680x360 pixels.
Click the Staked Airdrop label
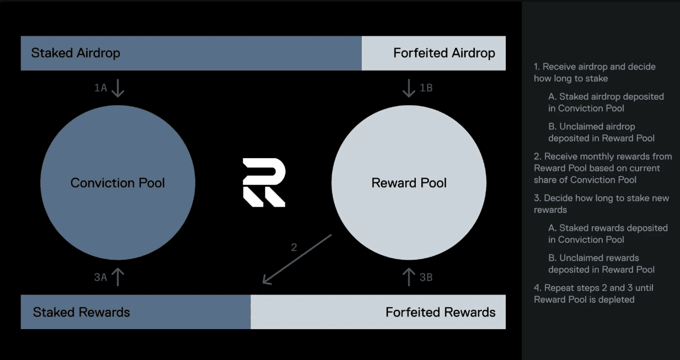click(x=76, y=53)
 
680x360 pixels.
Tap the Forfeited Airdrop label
click(x=444, y=53)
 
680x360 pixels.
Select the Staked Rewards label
click(x=81, y=313)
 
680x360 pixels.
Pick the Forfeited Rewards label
click(x=440, y=313)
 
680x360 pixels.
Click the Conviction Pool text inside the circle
click(x=117, y=183)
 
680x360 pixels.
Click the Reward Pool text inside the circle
click(x=409, y=183)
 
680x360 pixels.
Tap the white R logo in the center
click(x=264, y=182)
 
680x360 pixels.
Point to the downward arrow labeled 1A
click(x=117, y=88)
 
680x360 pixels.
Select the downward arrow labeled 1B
click(x=409, y=88)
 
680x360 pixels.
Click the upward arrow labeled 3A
click(x=117, y=277)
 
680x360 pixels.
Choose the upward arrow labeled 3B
click(x=409, y=277)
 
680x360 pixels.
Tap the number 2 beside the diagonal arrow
click(x=294, y=248)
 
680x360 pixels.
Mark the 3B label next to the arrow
click(x=426, y=277)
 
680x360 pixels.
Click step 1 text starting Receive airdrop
click(x=594, y=73)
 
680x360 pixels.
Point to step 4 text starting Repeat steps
click(x=593, y=294)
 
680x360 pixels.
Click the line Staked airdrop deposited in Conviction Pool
click(x=606, y=103)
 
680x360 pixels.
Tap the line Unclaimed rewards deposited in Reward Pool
click(x=601, y=264)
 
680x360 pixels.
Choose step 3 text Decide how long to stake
click(x=601, y=204)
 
